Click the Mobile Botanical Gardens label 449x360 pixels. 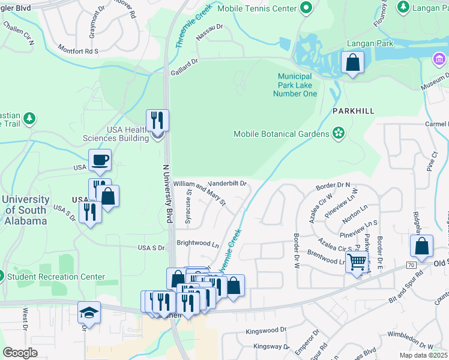pos(281,134)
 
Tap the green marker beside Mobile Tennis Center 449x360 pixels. pos(307,8)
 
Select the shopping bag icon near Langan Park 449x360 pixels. pos(352,62)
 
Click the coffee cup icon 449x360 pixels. pos(100,160)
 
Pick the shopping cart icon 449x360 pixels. pos(357,262)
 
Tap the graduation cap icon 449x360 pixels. pos(89,312)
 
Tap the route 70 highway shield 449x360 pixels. pos(411,265)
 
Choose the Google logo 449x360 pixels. pos(20,353)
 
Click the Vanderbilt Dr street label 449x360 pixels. pos(227,184)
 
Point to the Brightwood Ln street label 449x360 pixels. pos(198,244)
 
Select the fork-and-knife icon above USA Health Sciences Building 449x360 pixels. pos(157,120)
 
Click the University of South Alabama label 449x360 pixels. pos(25,210)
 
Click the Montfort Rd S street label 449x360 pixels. pos(78,50)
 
